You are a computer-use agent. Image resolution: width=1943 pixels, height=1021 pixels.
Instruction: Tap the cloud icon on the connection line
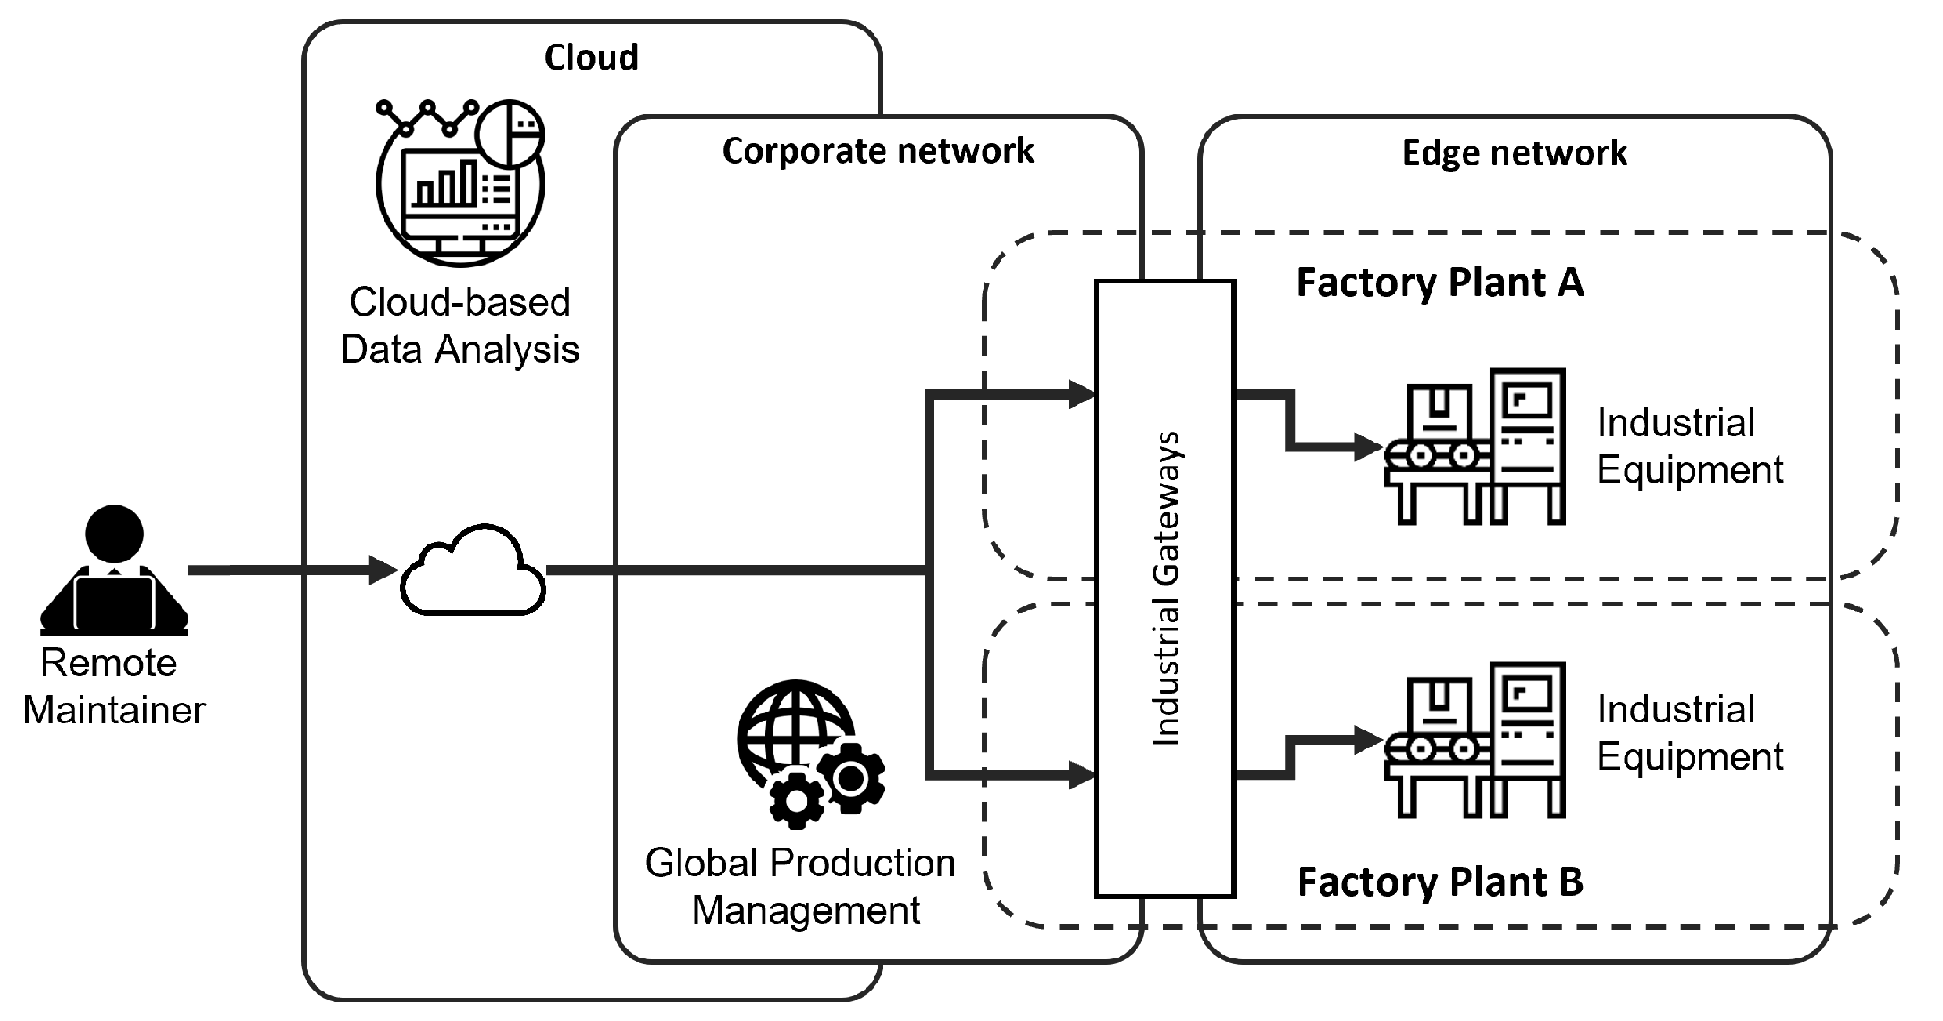[472, 572]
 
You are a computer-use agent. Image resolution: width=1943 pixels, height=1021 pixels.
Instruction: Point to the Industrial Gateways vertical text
[1166, 588]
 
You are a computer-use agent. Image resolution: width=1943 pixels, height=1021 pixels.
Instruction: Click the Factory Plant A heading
[1440, 283]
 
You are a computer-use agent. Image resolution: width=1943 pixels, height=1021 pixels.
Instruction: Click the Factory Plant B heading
[1440, 882]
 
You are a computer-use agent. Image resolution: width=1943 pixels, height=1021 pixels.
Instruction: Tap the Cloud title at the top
[591, 57]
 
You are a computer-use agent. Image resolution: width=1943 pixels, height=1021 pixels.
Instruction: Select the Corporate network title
[877, 151]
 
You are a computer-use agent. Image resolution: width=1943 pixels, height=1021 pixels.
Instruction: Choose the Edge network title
[1514, 153]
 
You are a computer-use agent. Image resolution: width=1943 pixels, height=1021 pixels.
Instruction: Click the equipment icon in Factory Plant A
[1475, 446]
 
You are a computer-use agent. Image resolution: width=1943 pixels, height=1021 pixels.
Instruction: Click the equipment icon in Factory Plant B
[1475, 739]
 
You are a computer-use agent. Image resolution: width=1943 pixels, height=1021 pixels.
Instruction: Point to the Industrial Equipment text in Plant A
[1689, 446]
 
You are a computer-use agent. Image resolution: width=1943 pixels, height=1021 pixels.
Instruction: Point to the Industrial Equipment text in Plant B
[1689, 733]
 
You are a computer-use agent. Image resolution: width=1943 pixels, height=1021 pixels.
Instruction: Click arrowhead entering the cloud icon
[384, 570]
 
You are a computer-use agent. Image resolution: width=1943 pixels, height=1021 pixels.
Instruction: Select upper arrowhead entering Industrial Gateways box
[1083, 393]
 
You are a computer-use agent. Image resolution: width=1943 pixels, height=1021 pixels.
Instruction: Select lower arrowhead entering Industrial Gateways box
[1083, 775]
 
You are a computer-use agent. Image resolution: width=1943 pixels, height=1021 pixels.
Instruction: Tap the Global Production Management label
[801, 886]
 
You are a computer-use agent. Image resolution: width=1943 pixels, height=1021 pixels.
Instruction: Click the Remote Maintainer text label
[113, 687]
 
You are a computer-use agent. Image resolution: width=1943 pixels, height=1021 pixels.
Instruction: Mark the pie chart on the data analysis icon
[511, 133]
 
